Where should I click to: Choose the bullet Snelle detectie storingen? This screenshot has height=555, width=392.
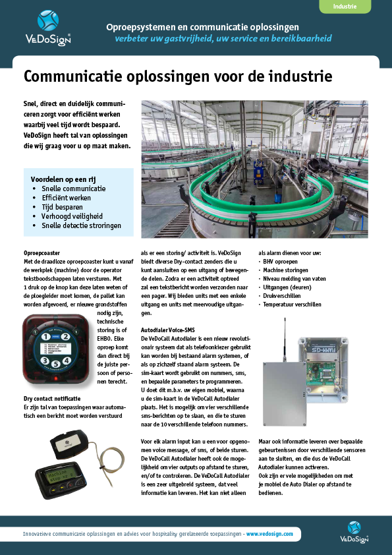tap(81, 225)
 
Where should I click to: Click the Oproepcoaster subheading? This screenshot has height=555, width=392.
tap(42, 253)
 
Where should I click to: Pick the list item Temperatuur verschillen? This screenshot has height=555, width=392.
tap(293, 305)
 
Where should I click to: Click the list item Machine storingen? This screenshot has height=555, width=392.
tap(288, 270)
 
